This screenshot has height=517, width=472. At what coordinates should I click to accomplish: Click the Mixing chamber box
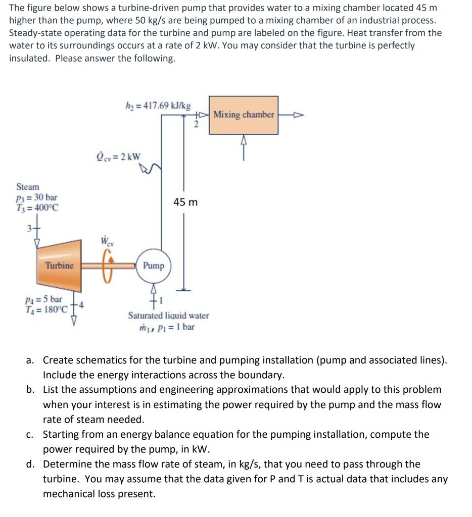[x=244, y=115]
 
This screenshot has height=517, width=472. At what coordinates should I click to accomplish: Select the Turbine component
[x=59, y=265]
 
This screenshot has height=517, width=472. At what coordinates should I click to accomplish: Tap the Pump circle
[x=153, y=266]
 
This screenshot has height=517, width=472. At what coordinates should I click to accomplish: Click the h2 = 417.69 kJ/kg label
[x=158, y=106]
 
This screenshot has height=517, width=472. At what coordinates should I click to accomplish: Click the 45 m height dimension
[x=185, y=202]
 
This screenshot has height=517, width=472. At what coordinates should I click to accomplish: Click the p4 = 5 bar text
[x=46, y=299]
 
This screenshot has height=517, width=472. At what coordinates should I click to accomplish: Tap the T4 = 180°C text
[x=46, y=309]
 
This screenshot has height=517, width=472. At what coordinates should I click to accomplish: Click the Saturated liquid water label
[x=168, y=316]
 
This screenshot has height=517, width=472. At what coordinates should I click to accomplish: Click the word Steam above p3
[x=28, y=187]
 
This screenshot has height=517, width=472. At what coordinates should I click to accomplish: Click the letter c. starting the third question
[x=31, y=435]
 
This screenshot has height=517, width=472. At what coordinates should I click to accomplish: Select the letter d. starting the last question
[x=31, y=464]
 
